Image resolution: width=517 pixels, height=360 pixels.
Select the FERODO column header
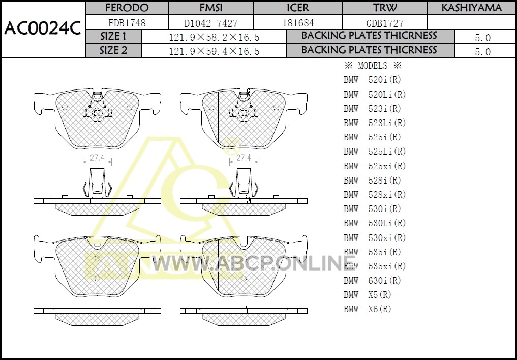tap(127, 8)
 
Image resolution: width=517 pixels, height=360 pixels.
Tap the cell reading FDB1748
tap(127, 23)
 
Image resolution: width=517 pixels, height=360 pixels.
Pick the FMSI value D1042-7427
tap(210, 23)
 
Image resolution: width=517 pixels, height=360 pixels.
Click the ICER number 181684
tap(298, 23)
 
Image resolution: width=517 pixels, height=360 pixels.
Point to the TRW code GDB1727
tap(385, 23)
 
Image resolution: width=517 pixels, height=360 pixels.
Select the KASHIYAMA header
tap(471, 8)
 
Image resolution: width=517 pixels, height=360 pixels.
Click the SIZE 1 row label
tap(113, 36)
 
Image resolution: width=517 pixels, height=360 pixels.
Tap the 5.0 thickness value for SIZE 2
tap(483, 52)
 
